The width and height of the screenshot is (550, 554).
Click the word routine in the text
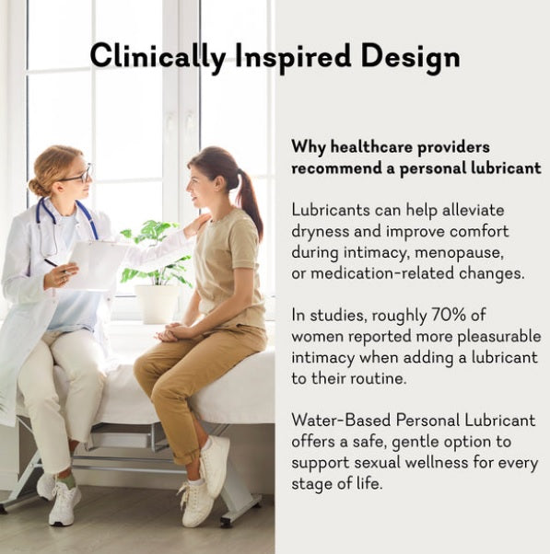coord(379,378)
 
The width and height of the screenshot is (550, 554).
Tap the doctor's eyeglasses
coord(79,175)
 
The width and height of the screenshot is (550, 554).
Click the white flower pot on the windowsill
coord(158,303)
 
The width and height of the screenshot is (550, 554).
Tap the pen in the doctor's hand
coord(54,265)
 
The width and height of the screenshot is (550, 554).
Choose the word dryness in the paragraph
coord(319,232)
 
